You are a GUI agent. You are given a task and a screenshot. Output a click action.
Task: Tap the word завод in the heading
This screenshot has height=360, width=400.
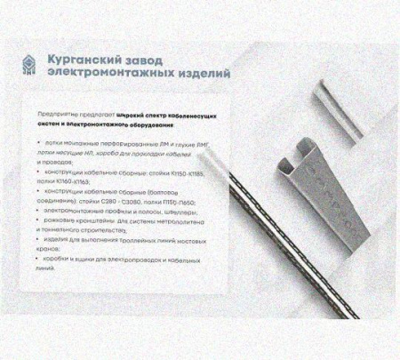pos(172,57)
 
